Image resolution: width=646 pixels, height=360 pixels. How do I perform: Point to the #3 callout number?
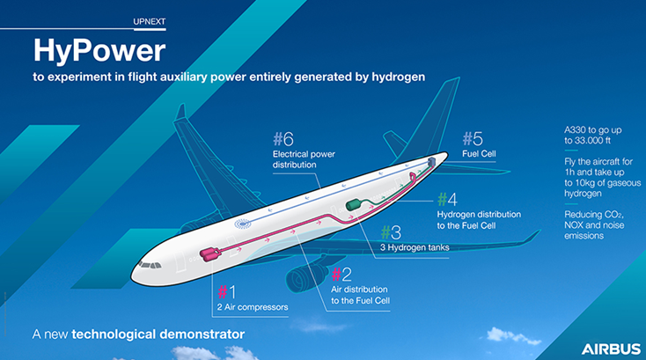click(390, 232)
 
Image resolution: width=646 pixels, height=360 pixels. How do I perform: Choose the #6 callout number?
click(283, 139)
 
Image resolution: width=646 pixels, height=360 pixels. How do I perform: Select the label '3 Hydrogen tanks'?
click(415, 247)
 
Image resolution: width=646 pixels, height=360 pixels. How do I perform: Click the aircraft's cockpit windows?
click(155, 261)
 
